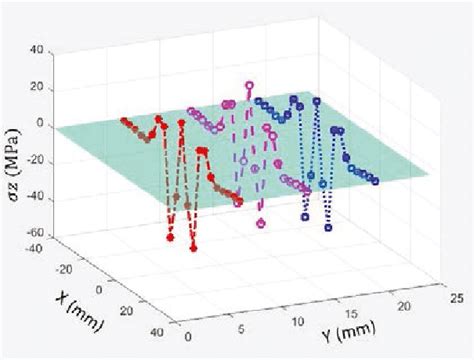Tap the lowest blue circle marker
point(328,227)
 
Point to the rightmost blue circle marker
point(375,181)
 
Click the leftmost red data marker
point(124,121)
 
